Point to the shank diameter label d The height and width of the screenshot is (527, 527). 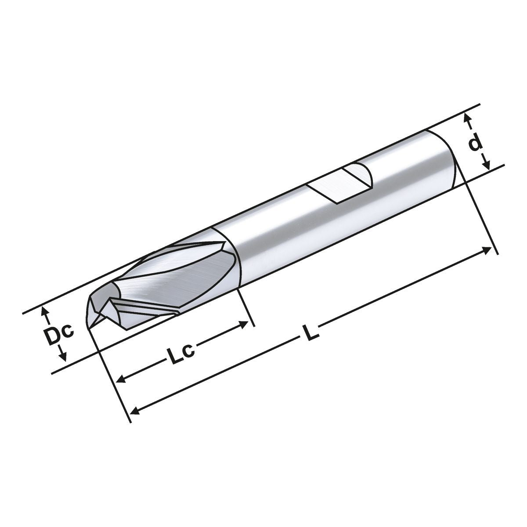pos(475,143)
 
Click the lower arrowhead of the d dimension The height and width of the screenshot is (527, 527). pos(486,166)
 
